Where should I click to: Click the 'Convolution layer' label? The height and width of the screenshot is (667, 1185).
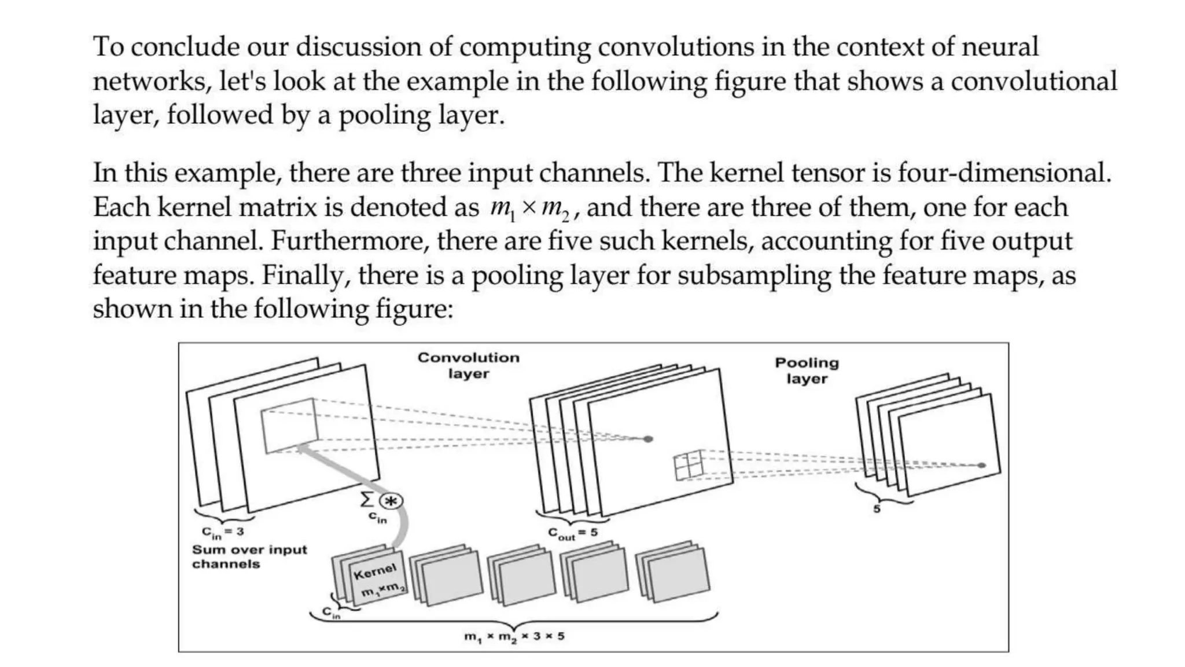[x=469, y=365]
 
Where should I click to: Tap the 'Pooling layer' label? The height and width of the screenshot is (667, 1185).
[x=807, y=371]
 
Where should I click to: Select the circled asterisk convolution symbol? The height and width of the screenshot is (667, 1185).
[x=392, y=501]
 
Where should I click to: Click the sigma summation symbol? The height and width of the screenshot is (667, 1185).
[x=367, y=499]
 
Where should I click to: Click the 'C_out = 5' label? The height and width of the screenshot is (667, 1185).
[x=572, y=533]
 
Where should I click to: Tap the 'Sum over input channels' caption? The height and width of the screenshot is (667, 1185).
[x=249, y=556]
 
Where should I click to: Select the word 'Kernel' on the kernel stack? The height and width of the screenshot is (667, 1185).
[x=375, y=571]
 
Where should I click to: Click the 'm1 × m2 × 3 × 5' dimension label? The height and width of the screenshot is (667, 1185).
[x=514, y=637]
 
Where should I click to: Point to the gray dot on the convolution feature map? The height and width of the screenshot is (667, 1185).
[x=649, y=439]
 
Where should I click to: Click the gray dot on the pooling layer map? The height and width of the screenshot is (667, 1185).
[x=981, y=465]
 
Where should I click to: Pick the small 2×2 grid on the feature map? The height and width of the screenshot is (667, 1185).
[x=689, y=466]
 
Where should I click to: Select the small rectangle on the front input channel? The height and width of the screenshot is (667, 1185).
[x=289, y=425]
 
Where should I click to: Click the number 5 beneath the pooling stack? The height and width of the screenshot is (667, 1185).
[x=877, y=509]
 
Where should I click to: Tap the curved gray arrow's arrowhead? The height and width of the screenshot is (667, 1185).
[x=301, y=447]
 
